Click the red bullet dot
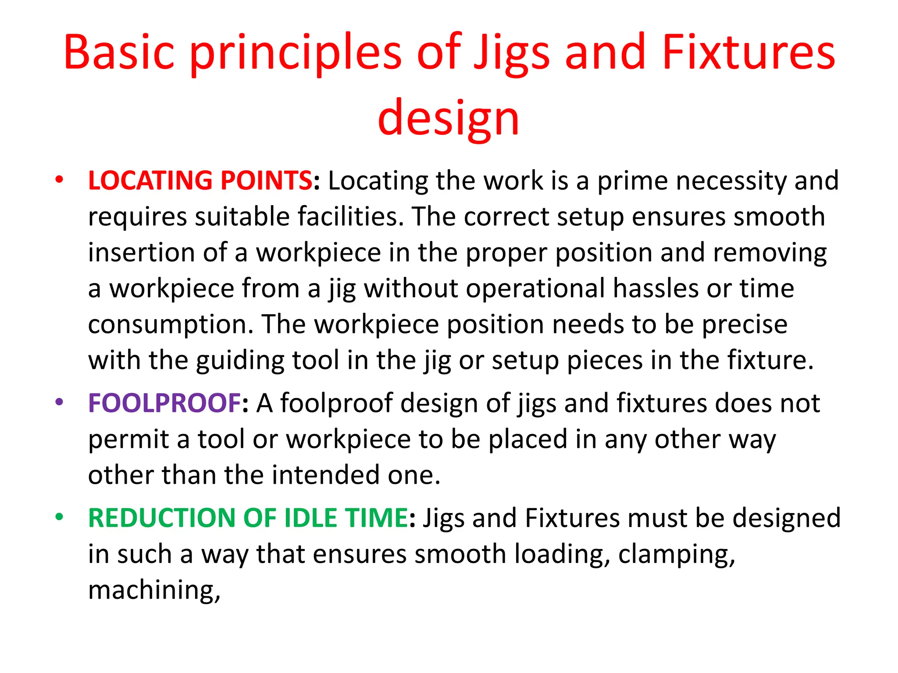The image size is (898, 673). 59,180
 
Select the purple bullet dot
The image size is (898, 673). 59,402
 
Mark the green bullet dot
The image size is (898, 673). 59,517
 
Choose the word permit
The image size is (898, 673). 128,440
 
